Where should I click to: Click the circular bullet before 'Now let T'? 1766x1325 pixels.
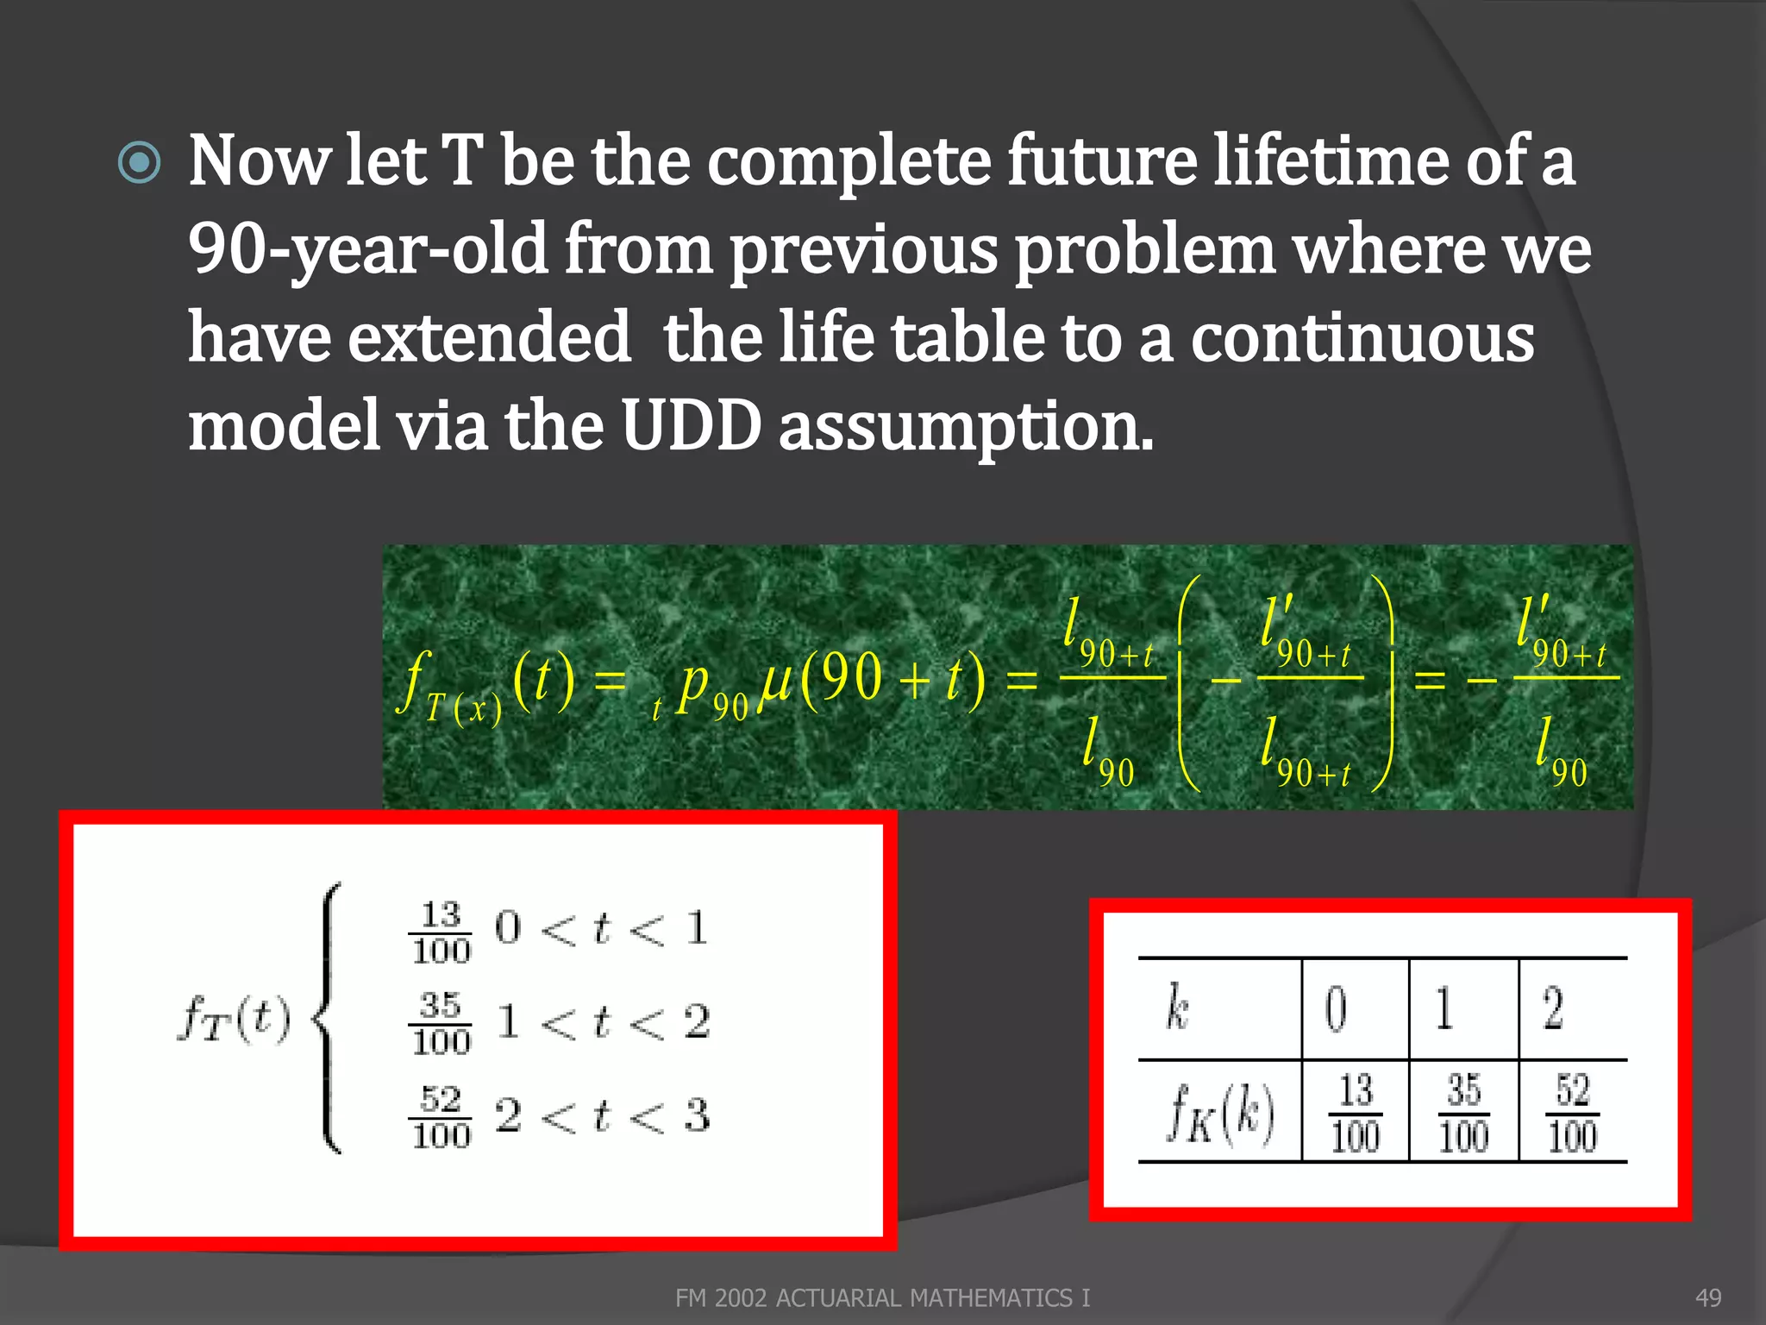[139, 163]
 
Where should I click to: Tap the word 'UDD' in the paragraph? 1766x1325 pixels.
[691, 426]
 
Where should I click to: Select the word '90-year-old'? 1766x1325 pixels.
[367, 249]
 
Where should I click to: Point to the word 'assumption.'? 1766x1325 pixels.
[966, 428]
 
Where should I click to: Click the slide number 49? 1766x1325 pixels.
[1708, 1297]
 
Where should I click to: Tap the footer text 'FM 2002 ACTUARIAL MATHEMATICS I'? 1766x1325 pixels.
[882, 1297]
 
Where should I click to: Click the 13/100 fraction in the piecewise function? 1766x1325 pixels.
[441, 933]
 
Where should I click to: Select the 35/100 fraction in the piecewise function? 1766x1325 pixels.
[441, 1023]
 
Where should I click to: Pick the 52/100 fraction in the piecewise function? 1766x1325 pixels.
[441, 1117]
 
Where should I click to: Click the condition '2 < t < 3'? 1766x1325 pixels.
[602, 1115]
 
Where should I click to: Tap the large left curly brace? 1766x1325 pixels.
[329, 1018]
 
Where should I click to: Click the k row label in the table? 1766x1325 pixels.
[1176, 1008]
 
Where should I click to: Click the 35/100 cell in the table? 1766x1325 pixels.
[1463, 1113]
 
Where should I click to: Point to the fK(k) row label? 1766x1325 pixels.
[1219, 1113]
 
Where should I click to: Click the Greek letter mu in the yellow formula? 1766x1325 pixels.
[775, 681]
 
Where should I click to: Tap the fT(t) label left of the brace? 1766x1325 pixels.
[234, 1020]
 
